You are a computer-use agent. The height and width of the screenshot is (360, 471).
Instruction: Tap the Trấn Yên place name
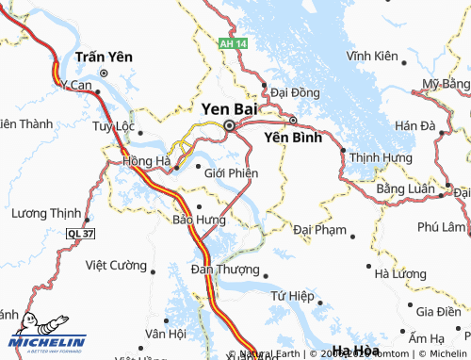pos(104,57)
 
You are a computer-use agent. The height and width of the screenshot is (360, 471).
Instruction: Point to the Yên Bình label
pos(293,137)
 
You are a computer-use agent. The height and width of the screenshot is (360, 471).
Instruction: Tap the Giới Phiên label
pos(231,172)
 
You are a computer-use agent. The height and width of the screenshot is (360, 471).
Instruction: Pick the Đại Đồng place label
pos(295,92)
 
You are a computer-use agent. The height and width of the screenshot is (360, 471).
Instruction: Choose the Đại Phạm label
pos(319,229)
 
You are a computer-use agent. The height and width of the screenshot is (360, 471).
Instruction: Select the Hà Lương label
pos(401,274)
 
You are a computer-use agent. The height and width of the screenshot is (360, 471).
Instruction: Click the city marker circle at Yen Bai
pos(229,125)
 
